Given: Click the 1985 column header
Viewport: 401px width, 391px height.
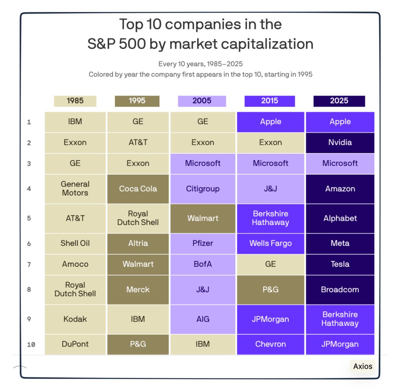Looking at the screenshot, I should [75, 101].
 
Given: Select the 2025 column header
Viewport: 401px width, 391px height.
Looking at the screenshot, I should [339, 101].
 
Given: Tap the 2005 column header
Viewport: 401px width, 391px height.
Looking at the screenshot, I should [202, 101].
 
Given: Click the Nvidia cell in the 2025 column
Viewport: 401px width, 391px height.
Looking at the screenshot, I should [340, 143].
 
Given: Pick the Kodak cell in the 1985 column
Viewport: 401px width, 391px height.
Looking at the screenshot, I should [75, 319].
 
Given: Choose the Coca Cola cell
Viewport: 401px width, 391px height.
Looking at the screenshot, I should [138, 189].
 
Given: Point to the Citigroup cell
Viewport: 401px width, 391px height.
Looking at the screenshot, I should [203, 189].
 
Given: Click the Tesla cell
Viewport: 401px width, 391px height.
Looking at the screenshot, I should [340, 264].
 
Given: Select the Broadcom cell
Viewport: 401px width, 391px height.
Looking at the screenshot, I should [340, 290].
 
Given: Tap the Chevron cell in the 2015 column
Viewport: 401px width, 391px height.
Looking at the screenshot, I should [271, 344].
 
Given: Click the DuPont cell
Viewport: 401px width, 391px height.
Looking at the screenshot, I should [75, 344].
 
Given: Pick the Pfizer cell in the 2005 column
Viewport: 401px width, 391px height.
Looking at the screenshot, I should [203, 243].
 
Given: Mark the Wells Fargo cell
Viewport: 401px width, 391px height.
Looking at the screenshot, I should [271, 243].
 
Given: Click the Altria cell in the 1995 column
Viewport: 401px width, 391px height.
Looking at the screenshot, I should [138, 243].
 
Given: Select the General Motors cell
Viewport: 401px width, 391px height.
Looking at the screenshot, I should [75, 188].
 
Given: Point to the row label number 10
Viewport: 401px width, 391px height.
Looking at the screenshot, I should [31, 345].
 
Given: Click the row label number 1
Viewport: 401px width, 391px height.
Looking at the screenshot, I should [29, 122].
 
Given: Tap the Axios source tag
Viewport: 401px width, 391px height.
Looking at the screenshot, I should [363, 366].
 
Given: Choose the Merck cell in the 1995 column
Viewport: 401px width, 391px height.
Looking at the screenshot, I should [138, 290].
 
